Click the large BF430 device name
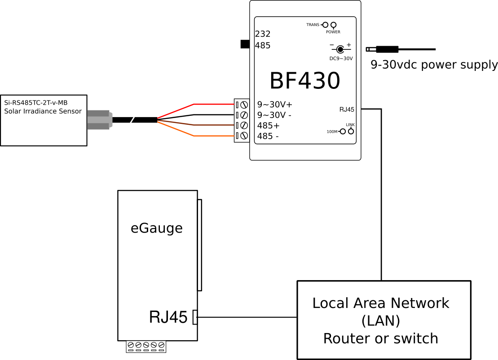[x=304, y=81]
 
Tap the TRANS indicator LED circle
[x=325, y=25]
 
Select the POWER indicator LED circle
[x=334, y=25]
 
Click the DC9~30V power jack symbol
[x=340, y=49]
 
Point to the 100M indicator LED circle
[x=343, y=132]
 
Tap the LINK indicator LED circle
[x=351, y=132]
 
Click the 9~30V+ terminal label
[x=274, y=105]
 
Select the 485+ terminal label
[x=268, y=125]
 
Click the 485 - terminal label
[x=268, y=136]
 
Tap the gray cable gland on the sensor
[x=98, y=120]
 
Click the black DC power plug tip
[x=388, y=49]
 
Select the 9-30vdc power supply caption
[x=434, y=65]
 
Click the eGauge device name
[x=157, y=228]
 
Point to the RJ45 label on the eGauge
[x=168, y=317]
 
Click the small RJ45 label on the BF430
[x=347, y=109]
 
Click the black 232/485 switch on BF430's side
[x=245, y=44]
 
